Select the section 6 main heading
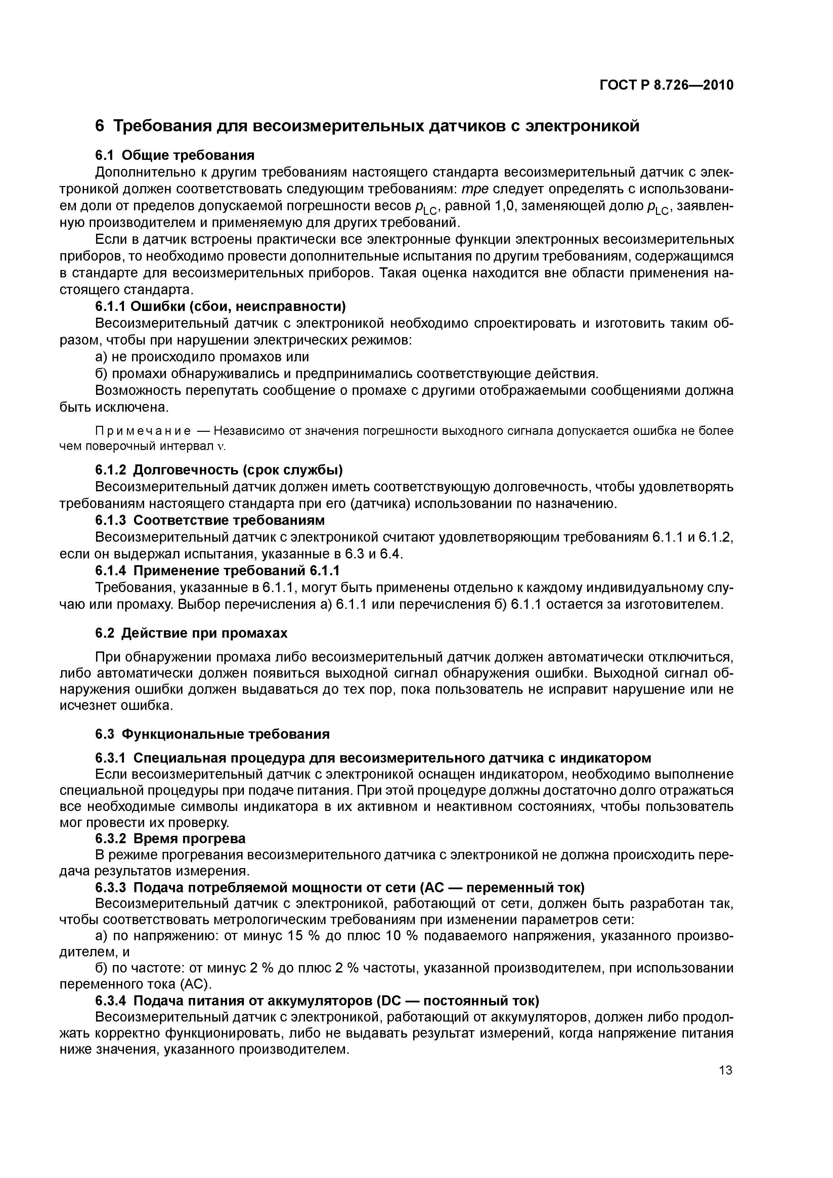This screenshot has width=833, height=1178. (x=367, y=126)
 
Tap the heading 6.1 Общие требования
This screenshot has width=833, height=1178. (x=175, y=155)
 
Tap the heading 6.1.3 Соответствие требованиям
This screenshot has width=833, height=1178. (x=210, y=520)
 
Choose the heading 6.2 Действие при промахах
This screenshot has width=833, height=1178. (x=191, y=633)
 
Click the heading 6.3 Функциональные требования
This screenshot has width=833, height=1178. (x=213, y=734)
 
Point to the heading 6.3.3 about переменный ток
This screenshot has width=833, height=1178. (x=340, y=887)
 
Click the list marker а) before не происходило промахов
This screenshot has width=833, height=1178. (x=102, y=357)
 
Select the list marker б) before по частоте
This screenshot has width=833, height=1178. (x=102, y=968)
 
